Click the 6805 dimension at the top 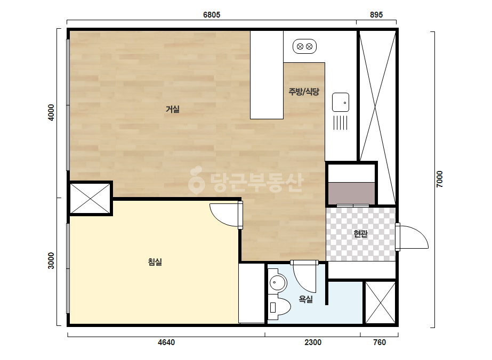212,15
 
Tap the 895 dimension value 376,15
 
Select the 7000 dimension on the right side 440,179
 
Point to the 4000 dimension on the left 51,112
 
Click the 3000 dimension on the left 51,261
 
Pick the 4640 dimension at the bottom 166,342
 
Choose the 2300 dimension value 312,342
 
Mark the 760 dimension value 380,342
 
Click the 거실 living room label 173,109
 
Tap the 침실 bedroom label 155,262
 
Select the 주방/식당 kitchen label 304,92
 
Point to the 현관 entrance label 360,234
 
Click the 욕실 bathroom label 305,299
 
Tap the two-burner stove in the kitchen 304,46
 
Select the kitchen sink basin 341,102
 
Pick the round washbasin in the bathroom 278,283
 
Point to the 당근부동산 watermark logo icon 196,180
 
